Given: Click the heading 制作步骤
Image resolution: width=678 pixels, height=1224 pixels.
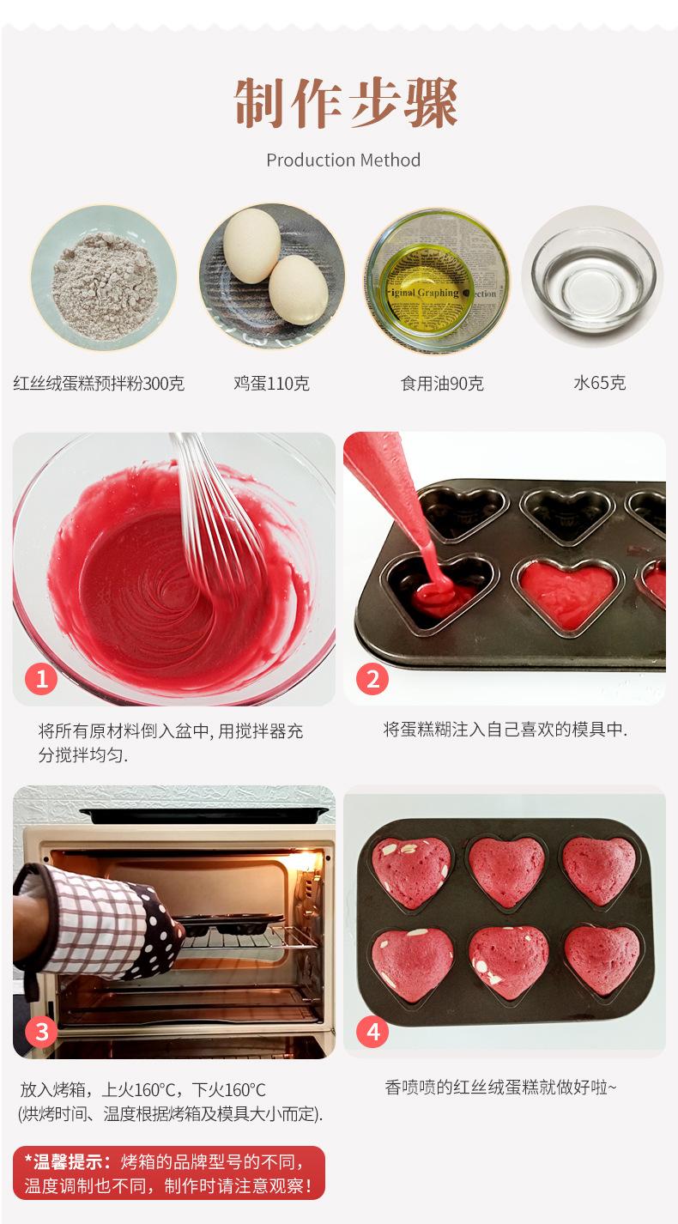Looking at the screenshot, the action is tap(346, 103).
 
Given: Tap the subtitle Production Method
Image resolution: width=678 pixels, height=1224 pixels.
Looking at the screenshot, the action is tap(343, 161).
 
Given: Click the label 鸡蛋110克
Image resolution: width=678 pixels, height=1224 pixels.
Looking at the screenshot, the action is tap(271, 383).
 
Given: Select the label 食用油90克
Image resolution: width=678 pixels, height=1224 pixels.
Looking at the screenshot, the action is tap(442, 383).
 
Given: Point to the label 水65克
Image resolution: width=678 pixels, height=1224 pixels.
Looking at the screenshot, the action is tap(599, 383).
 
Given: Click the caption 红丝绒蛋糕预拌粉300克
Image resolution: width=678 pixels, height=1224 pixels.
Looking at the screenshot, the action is tap(99, 383).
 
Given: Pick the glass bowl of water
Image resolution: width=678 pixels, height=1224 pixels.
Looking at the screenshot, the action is tap(594, 276).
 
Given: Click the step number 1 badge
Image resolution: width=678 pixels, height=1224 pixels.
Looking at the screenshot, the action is tap(41, 679).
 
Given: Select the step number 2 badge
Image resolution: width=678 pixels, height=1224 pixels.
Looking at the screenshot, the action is tap(372, 679).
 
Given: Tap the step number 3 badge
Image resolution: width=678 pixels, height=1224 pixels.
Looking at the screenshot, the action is tap(41, 1031).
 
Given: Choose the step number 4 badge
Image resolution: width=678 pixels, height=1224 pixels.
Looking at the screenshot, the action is tap(372, 1031).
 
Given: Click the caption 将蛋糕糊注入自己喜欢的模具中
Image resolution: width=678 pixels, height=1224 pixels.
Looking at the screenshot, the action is tap(505, 730).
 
